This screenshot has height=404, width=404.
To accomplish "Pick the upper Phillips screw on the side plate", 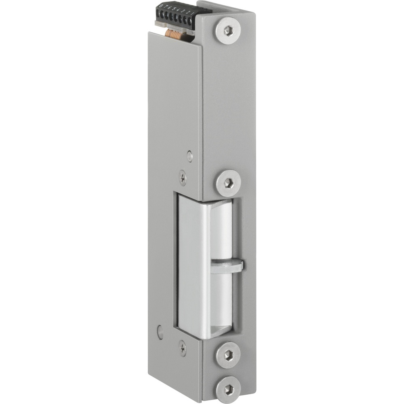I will pos(184,177).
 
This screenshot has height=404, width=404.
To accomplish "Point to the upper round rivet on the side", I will pos(190,155).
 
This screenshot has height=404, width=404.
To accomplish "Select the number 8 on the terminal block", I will pos(161,5).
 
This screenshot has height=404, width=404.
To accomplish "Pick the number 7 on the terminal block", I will pos(166,6).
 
